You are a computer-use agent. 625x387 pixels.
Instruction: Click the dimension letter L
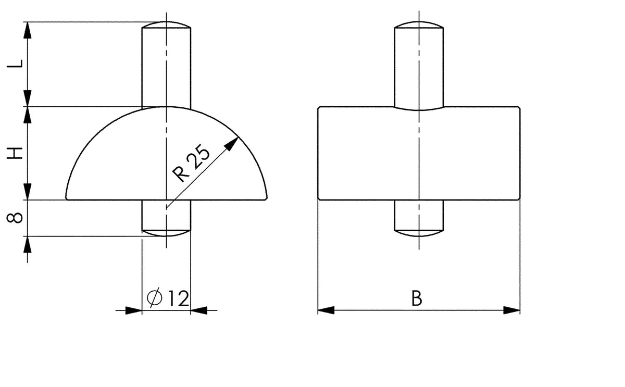[x=15, y=64]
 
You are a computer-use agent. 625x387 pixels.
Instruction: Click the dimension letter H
[x=15, y=153]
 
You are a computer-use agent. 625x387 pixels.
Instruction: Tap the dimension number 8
[x=15, y=218]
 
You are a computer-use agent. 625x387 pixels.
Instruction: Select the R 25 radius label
[x=191, y=163]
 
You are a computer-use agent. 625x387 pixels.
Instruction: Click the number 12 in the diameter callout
[x=179, y=298]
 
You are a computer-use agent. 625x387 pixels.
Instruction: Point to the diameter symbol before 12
[x=155, y=297]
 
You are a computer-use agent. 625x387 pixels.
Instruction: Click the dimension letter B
[x=417, y=298]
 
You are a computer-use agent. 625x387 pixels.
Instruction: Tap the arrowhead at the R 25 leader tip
[x=232, y=143]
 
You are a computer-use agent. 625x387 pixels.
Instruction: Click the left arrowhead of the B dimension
[x=326, y=310]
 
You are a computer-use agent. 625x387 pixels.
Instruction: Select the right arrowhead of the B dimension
[x=511, y=310]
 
